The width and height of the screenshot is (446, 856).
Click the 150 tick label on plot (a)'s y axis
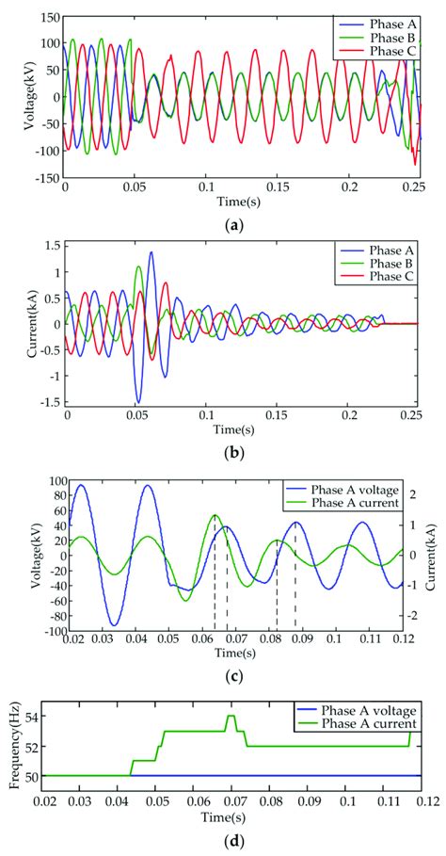[47, 17]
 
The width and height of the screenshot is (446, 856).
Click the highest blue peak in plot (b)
[151, 252]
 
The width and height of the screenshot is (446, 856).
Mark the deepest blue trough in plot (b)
[137, 402]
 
